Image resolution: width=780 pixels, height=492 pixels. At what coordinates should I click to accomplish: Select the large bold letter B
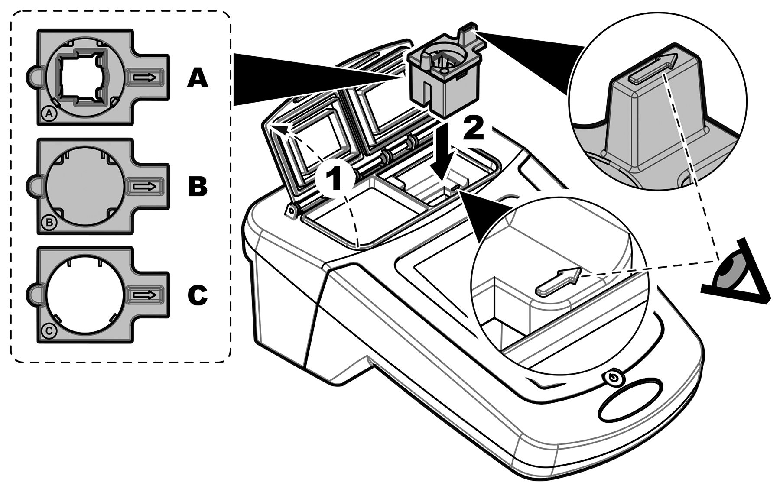(198, 187)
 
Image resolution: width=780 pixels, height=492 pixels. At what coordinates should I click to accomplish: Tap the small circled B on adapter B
(49, 223)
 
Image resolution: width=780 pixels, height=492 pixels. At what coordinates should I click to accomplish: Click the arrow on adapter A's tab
(144, 77)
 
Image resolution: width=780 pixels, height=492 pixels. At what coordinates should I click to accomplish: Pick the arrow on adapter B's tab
(144, 186)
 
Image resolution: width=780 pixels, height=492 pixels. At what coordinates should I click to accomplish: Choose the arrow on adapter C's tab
(144, 295)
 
